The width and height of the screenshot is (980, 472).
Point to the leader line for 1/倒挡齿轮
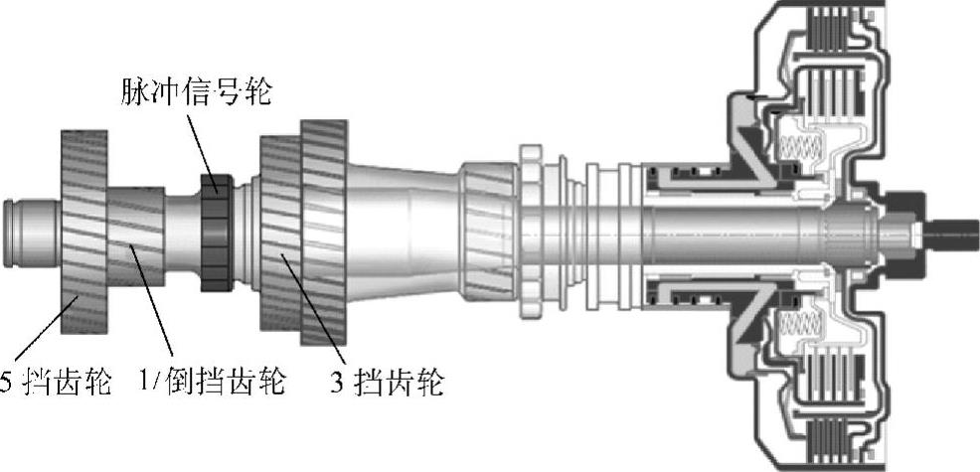coord(159,308)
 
